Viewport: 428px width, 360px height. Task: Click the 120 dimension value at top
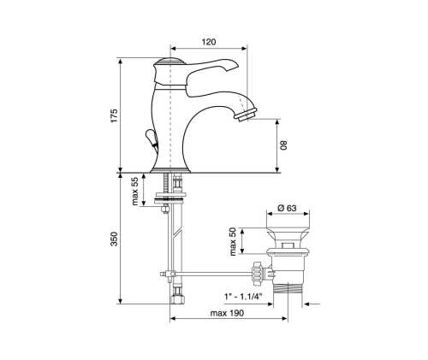209,42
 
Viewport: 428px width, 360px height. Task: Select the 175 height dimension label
114,115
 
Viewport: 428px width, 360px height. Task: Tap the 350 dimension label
114,239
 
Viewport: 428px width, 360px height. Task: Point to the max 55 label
135,192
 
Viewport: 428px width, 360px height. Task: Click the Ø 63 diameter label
287,208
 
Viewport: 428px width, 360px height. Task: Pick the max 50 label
233,241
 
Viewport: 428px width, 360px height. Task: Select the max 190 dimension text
227,313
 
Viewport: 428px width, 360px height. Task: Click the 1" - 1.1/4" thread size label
243,297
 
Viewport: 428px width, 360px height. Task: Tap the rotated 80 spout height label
284,145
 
